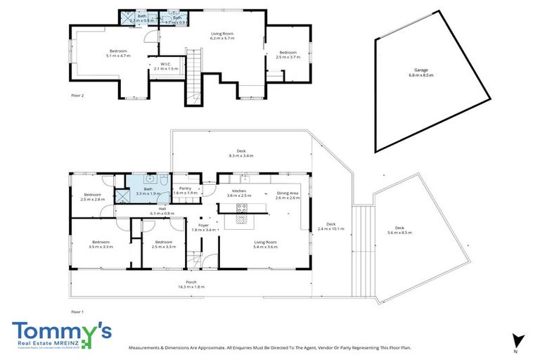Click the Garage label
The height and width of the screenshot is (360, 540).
coord(421,72)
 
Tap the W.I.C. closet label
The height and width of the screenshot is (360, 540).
coord(161,67)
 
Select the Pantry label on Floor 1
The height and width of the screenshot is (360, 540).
coord(186,191)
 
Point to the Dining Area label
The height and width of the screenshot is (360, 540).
coord(288,195)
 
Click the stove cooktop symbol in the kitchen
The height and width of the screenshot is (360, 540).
coord(243,207)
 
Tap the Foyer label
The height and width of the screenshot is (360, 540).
coord(204,227)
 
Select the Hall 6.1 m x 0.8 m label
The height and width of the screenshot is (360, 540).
coord(162,210)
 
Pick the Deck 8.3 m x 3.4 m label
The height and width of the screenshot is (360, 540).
coord(240,153)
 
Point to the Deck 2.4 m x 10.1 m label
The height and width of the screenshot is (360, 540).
coord(330,227)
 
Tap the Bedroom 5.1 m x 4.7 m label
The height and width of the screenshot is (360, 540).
coord(118,53)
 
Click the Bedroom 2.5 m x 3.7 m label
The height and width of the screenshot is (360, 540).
coord(288,55)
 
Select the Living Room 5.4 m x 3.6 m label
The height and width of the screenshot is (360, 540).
coord(266,245)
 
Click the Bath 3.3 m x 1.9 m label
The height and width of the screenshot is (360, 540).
coord(148,191)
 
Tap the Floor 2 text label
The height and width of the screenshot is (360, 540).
coord(78,94)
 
